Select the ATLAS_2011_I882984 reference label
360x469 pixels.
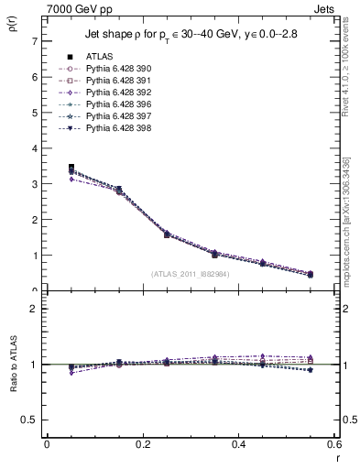189,274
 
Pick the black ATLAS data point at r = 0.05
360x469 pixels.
71,168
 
